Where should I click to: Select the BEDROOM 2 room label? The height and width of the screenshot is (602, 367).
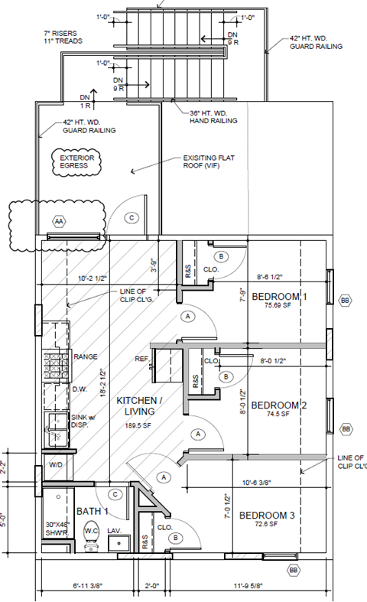pos(278,405)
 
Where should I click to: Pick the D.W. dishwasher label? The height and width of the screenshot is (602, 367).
pos(80,389)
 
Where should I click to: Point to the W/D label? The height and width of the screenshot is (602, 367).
pos(56,464)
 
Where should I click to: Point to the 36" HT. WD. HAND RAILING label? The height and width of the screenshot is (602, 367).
pos(213,117)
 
